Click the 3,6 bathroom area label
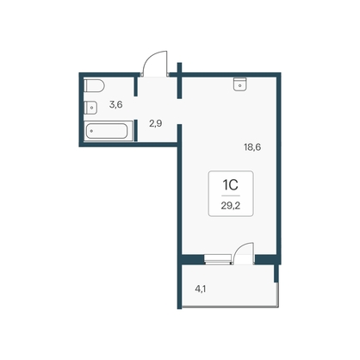click(115, 105)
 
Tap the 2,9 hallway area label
click(155, 124)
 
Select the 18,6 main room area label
click(252, 147)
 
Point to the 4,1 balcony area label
click(201, 289)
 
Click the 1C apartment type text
click(231, 185)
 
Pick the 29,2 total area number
click(231, 206)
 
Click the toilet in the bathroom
click(94, 85)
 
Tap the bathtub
click(106, 131)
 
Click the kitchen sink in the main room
click(240, 84)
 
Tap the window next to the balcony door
click(218, 259)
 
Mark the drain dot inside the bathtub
click(91, 131)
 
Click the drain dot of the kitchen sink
click(240, 85)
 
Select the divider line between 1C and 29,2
click(231, 196)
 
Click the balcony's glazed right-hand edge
click(277, 295)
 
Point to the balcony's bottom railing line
click(230, 307)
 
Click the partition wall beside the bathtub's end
click(136, 131)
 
